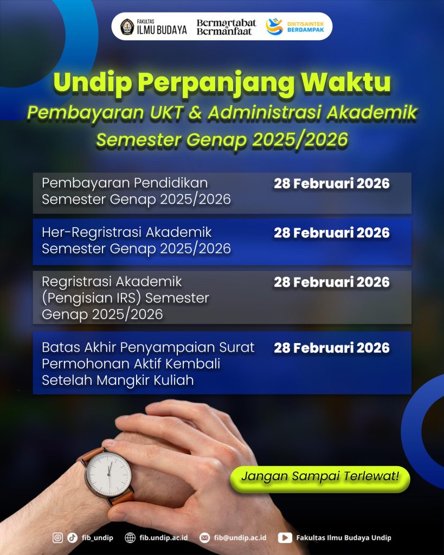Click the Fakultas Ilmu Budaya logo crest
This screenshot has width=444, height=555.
(127, 27)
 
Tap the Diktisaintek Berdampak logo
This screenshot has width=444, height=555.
(274, 27)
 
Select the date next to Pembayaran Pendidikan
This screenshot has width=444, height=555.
(331, 184)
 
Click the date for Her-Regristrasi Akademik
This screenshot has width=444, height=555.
(331, 233)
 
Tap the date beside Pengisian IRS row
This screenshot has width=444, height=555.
(331, 282)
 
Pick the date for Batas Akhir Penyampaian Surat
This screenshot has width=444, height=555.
(331, 348)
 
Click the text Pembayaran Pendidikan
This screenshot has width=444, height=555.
(125, 183)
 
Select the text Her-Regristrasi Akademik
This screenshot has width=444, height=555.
(127, 233)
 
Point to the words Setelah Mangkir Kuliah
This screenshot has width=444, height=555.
(118, 380)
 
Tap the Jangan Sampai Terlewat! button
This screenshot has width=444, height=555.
(320, 477)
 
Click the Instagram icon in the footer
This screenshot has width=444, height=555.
(57, 538)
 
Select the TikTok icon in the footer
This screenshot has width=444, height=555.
(72, 538)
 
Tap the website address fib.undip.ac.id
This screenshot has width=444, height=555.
(163, 538)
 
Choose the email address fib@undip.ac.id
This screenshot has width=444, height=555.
(240, 538)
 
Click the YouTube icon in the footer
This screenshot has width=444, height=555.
(285, 538)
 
